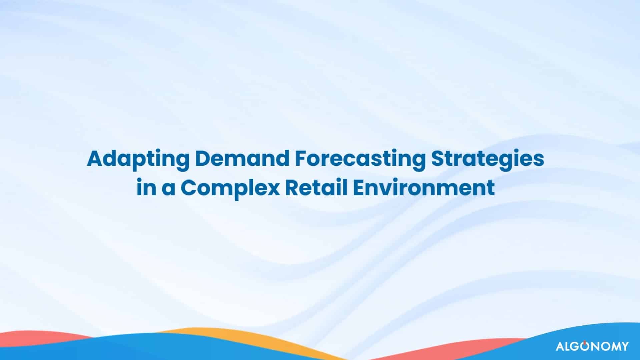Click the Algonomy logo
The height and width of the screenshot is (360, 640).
592,346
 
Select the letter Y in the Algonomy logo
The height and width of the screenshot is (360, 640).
623,346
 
